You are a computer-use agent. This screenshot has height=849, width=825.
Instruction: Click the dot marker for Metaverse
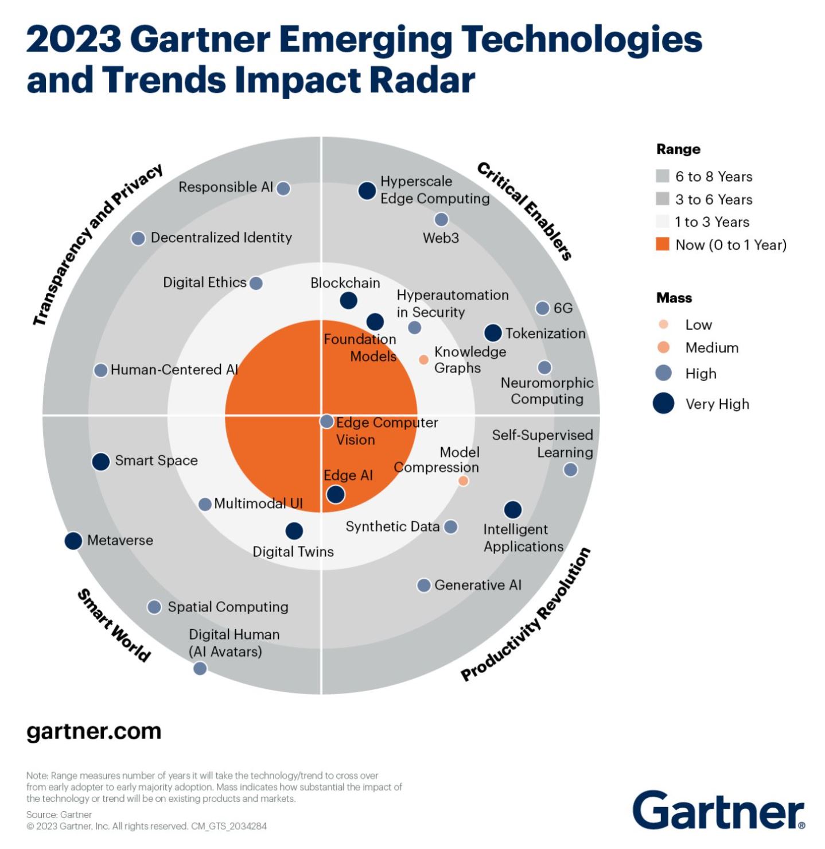click(73, 540)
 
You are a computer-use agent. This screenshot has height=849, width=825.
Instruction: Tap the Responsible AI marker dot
click(283, 188)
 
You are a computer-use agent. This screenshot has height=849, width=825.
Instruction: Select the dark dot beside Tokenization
click(493, 332)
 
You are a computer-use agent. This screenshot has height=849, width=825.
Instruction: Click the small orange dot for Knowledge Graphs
click(423, 359)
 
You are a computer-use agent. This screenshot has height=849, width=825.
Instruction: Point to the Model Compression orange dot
click(463, 480)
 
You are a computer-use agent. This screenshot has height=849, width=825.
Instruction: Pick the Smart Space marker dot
click(101, 462)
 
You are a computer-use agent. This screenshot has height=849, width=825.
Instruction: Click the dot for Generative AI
click(423, 585)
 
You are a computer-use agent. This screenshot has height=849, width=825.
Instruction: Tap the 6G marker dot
click(542, 308)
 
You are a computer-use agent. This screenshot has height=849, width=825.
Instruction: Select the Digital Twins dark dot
click(294, 530)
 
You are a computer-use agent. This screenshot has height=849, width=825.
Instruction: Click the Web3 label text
click(441, 238)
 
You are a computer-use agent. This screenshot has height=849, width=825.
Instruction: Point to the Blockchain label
click(345, 283)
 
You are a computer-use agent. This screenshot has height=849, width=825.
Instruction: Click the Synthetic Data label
click(392, 526)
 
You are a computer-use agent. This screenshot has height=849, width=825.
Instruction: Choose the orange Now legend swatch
click(663, 245)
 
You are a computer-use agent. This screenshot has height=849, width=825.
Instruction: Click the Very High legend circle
click(663, 403)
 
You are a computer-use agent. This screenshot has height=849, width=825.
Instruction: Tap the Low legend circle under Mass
click(663, 324)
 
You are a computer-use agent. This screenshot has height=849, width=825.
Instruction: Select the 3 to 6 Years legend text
click(714, 199)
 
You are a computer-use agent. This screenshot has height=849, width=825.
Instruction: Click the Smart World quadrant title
click(114, 625)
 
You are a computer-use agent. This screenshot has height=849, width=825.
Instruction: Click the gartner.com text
click(94, 731)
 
